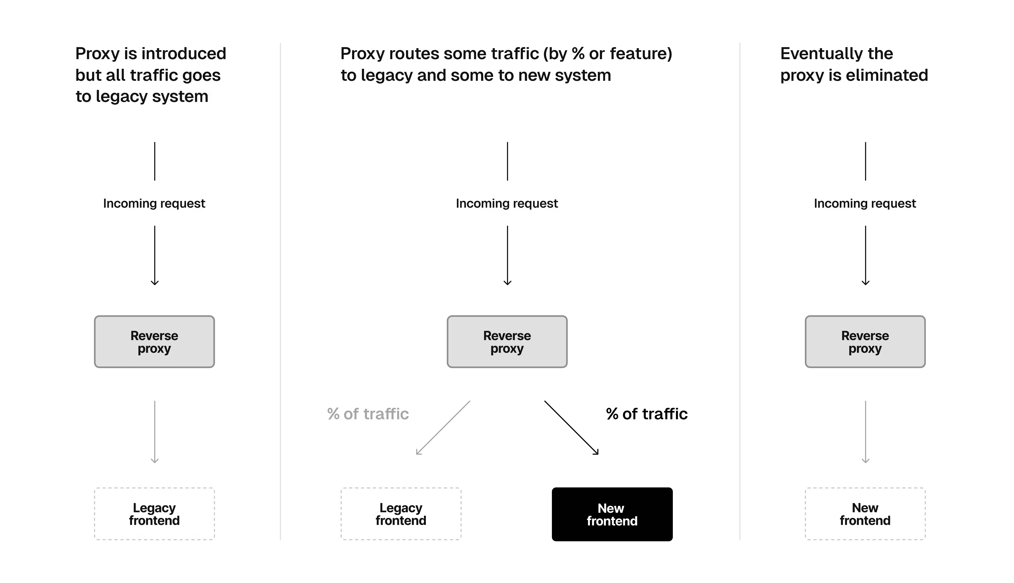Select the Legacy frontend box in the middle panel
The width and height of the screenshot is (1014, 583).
pos(401,514)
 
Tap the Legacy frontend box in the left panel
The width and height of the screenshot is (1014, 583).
pos(154,514)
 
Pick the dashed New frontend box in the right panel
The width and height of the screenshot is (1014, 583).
pos(865,514)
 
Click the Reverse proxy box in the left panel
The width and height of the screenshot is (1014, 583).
pos(154,342)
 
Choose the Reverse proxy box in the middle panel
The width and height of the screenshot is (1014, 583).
pos(507,342)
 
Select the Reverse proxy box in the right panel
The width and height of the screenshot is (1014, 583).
pos(865,342)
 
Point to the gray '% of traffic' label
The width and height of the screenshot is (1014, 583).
pos(368,414)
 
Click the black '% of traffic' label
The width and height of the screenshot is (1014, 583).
pos(646,414)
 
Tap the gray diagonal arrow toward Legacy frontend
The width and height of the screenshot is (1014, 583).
pos(443,428)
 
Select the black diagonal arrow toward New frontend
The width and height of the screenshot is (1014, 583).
pos(571,428)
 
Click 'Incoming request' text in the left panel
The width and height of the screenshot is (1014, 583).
pos(154,203)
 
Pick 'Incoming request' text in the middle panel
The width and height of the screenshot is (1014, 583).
pos(507,203)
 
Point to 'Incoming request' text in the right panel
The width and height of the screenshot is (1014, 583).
pos(865,203)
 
